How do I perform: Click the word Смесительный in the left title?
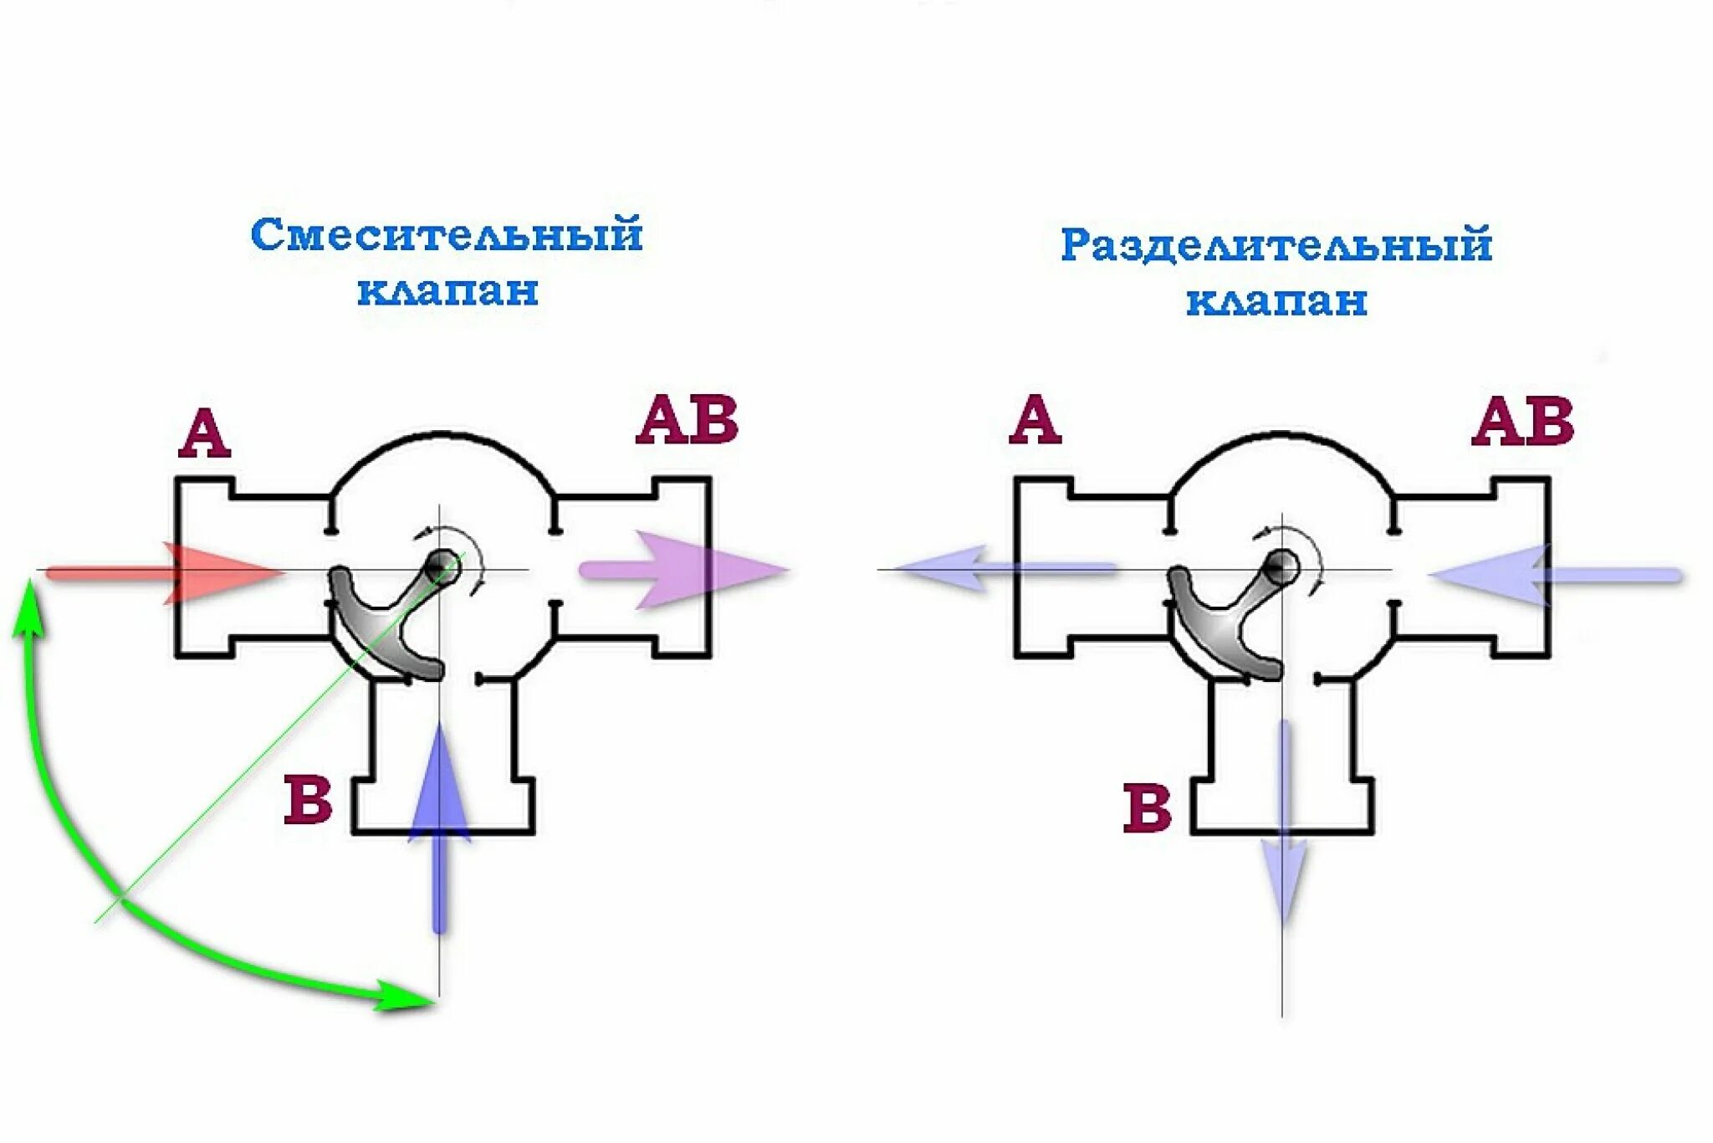click(x=447, y=235)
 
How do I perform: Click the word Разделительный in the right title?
click(x=1276, y=245)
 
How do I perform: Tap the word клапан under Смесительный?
click(x=447, y=291)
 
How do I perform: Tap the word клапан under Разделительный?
click(x=1276, y=301)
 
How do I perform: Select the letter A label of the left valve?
click(x=203, y=433)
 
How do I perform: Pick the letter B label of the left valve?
click(x=308, y=800)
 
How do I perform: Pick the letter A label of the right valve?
click(x=1035, y=420)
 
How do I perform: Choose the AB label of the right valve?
click(x=1522, y=421)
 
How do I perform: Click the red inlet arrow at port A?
click(x=167, y=573)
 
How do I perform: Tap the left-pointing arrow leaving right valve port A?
click(x=1004, y=569)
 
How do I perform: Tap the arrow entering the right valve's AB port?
click(x=1556, y=575)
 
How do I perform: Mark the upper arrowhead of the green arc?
click(x=30, y=602)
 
